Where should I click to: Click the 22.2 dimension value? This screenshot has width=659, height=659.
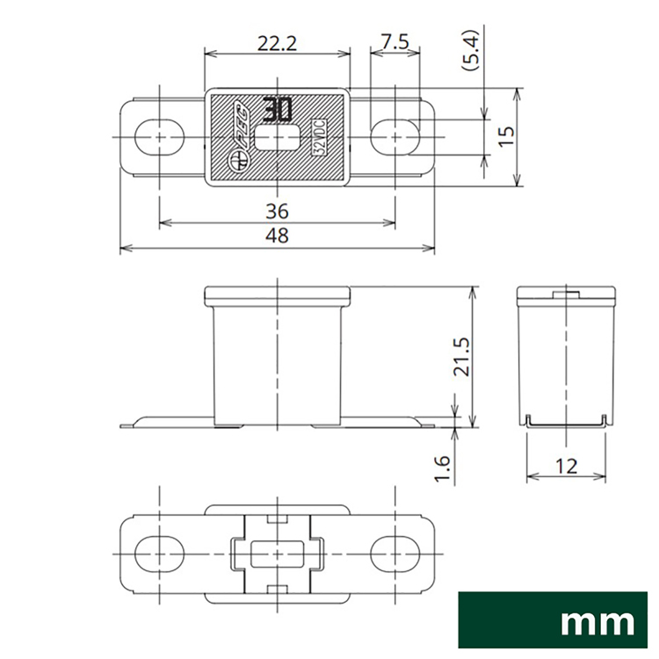[x=277, y=43]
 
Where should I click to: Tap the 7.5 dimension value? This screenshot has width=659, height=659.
[x=395, y=42]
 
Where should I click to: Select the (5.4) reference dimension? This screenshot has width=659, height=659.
[x=470, y=49]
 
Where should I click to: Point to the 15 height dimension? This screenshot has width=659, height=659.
[x=507, y=135]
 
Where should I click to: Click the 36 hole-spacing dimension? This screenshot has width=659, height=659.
[x=277, y=211]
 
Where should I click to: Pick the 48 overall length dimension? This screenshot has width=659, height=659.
[x=277, y=235]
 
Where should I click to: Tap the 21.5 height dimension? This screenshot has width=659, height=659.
[x=465, y=357]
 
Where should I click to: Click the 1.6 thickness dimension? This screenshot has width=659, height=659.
[x=443, y=468]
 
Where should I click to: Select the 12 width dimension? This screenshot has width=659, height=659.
[x=566, y=466]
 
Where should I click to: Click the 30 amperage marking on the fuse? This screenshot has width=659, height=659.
[x=278, y=110]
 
